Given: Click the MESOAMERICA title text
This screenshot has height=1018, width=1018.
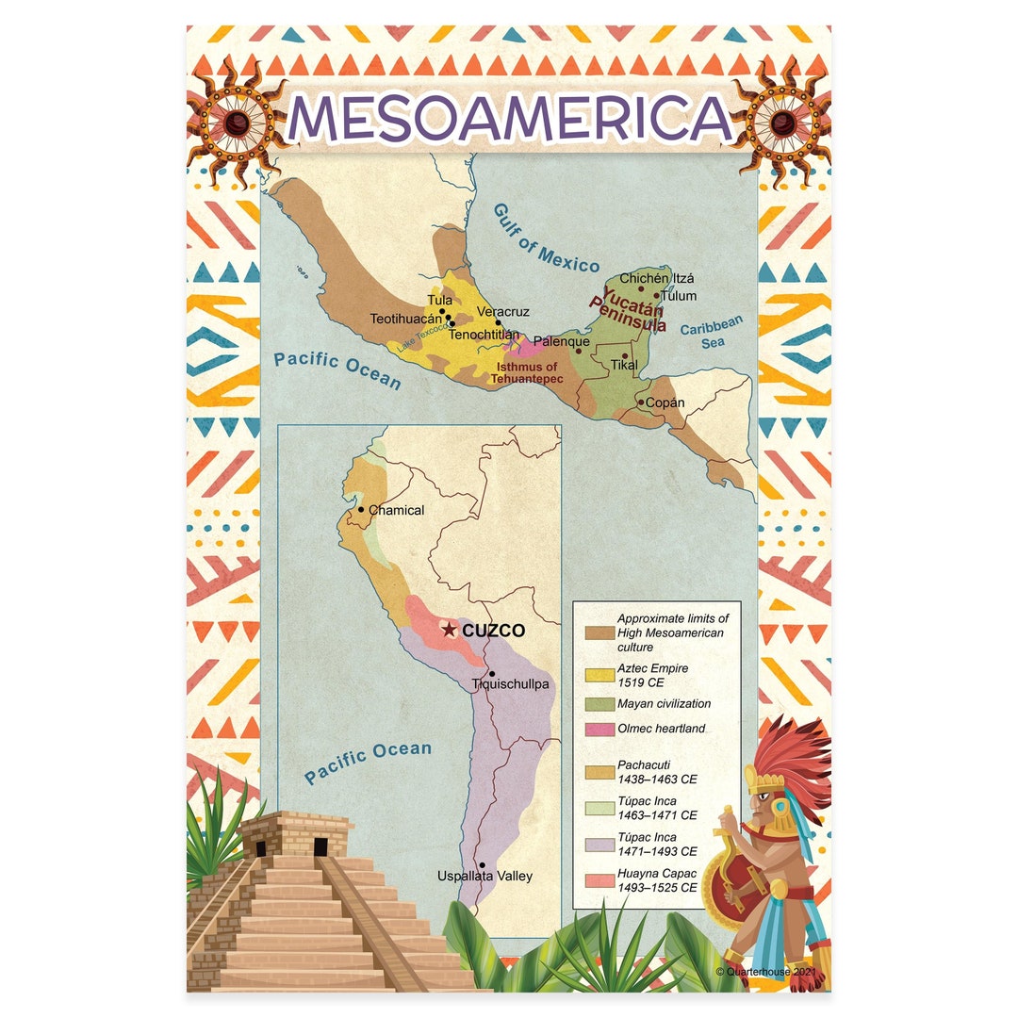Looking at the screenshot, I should [509, 121].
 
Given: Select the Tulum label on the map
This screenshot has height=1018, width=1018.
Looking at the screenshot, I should [679, 296].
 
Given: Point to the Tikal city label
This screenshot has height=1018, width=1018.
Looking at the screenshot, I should [624, 364].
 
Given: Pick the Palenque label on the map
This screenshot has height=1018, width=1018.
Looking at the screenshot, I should [562, 341].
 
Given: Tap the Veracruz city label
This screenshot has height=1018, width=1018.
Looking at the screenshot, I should [503, 312].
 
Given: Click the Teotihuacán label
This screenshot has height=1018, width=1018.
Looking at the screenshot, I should [405, 319].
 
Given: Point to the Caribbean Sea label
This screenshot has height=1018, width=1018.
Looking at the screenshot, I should [712, 332].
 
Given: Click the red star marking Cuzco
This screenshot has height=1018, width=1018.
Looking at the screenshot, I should [450, 629].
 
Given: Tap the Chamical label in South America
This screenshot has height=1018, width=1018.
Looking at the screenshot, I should [396, 510].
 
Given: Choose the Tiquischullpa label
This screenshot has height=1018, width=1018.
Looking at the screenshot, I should [510, 683].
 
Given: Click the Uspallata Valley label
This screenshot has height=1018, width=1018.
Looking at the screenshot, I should [484, 876].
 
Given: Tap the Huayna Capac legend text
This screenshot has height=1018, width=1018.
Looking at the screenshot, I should [657, 880].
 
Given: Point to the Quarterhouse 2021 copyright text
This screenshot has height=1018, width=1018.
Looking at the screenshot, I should [765, 970].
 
